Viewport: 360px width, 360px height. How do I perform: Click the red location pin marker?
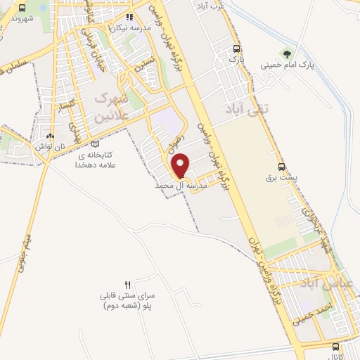181,165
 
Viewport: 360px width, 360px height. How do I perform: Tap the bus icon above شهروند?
22,8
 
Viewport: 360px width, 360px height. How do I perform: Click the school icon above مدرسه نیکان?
128,17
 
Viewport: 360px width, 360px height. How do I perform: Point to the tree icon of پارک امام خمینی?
285,53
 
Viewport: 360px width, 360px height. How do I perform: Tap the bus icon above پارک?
236,49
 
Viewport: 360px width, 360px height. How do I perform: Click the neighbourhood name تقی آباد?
245,109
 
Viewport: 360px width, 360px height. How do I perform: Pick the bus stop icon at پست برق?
282,167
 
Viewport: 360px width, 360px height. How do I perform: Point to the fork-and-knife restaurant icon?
127,285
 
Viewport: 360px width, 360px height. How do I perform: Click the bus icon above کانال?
335,347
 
